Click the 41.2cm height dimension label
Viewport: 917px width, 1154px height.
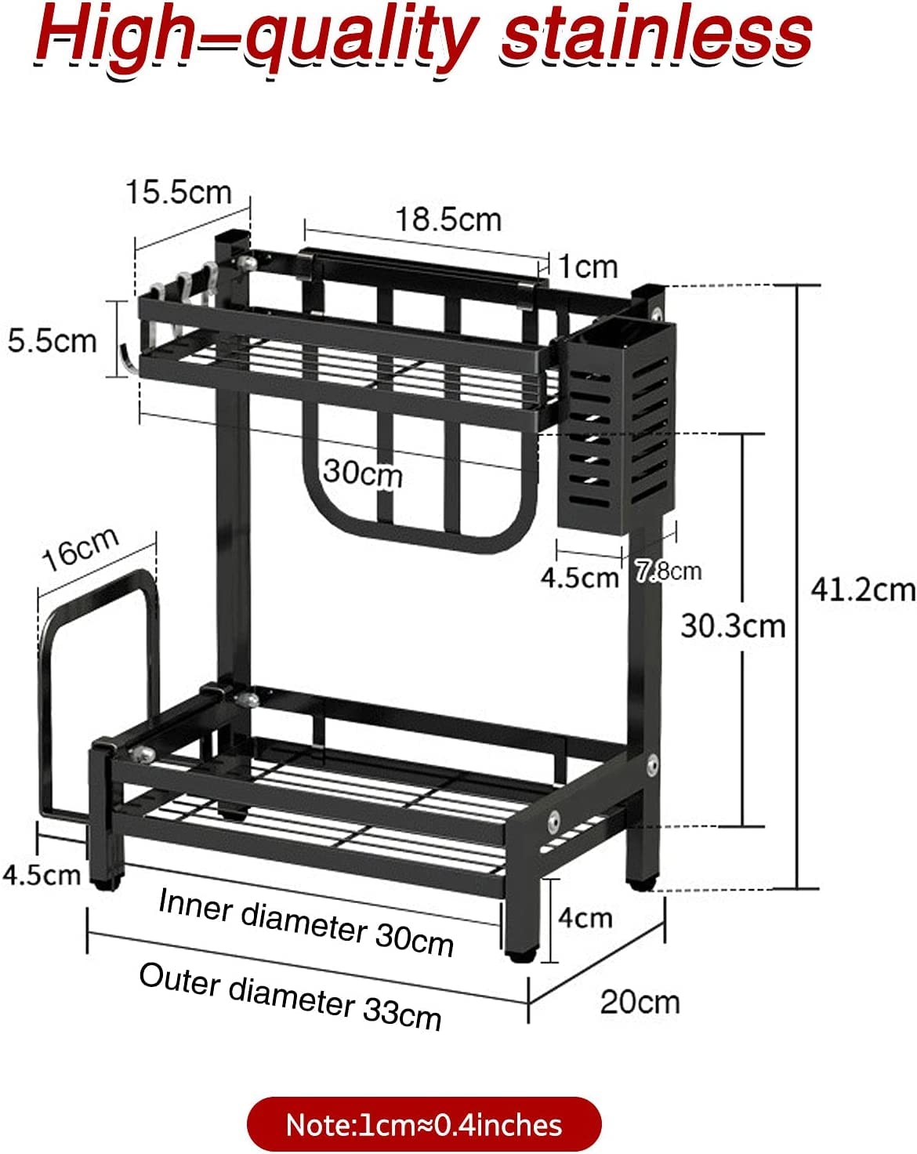pos(862,590)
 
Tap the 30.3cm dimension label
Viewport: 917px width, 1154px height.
pos(733,626)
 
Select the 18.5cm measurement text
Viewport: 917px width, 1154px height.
pos(448,220)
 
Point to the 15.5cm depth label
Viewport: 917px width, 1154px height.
pos(179,193)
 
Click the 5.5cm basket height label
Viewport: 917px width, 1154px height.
pos(52,341)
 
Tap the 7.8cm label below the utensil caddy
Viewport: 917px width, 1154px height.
pos(669,571)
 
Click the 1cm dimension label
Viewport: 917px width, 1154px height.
pos(589,267)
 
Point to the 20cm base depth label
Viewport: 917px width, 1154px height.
pos(640,1003)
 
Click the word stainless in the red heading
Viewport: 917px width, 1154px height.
pos(656,37)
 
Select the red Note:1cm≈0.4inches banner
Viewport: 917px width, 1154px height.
pos(424,1124)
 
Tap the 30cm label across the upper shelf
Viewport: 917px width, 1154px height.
pos(363,474)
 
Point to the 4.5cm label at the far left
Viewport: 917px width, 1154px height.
pos(42,875)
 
